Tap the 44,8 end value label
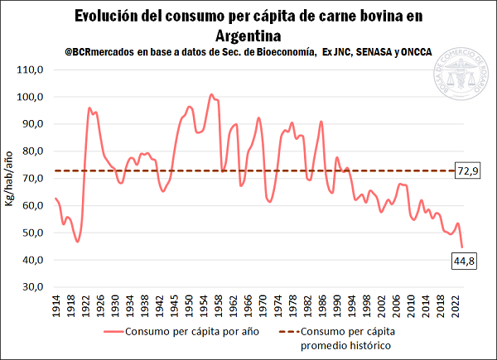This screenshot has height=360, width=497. point(464,262)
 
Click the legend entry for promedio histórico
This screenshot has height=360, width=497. point(346,339)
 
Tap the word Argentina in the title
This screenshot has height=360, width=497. point(248,36)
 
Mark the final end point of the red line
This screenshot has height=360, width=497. point(462,247)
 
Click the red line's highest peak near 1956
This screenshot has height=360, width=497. point(211,95)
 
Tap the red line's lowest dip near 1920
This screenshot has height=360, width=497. point(78,241)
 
